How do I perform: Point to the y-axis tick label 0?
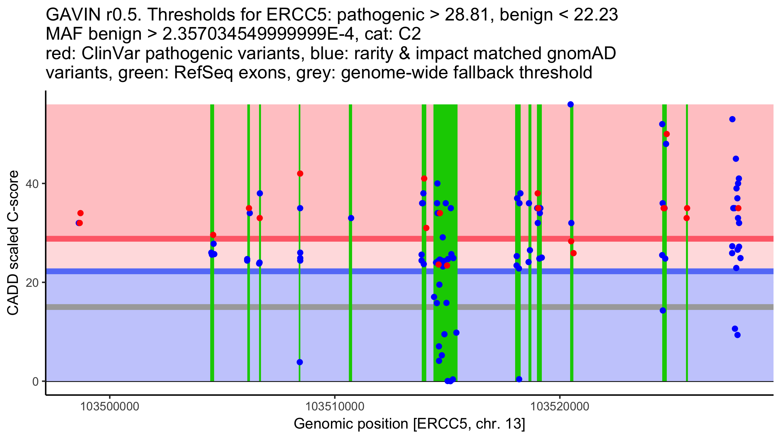[35, 381]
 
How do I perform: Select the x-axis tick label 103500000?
[110, 406]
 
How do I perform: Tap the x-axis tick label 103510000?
[335, 406]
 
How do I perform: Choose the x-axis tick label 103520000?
[560, 406]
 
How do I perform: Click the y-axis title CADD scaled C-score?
[13, 244]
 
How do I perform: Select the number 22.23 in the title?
[596, 15]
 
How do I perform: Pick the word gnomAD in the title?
[581, 54]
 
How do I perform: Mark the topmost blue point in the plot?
[570, 104]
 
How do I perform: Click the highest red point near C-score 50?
[666, 134]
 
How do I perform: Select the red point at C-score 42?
[300, 174]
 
